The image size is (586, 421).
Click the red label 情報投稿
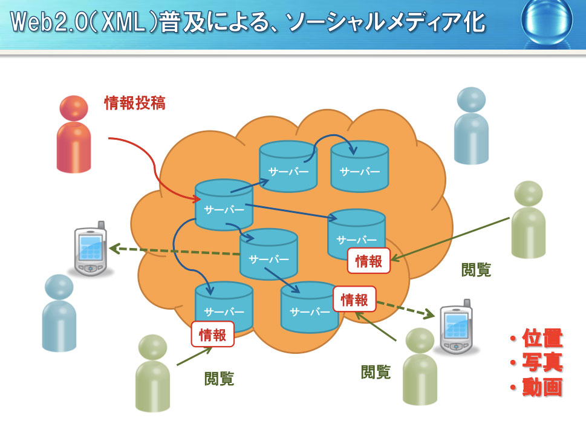pyautogui.click(x=135, y=103)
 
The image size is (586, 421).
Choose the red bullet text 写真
pyautogui.click(x=542, y=362)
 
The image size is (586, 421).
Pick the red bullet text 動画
pyautogui.click(x=542, y=387)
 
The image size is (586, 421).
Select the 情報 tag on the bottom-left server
pyautogui.click(x=212, y=335)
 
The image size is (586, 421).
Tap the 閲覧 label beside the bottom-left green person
pyautogui.click(x=219, y=379)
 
